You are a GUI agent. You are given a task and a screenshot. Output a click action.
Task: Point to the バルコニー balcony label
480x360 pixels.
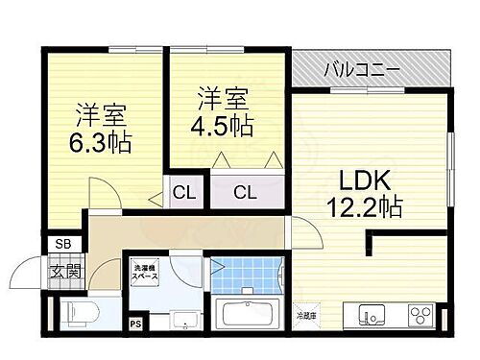pyautogui.click(x=363, y=69)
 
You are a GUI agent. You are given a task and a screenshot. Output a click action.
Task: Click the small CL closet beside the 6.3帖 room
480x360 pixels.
pyautogui.click(x=184, y=193)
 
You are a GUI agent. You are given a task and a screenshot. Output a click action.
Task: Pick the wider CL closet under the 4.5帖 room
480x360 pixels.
pyautogui.click(x=246, y=193)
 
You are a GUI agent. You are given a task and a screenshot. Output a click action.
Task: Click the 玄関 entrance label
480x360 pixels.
pyautogui.click(x=65, y=272)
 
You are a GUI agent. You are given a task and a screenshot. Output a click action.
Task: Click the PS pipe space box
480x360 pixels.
pyautogui.click(x=134, y=324)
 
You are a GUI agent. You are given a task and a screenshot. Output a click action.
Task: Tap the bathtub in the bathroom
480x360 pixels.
pyautogui.click(x=248, y=313)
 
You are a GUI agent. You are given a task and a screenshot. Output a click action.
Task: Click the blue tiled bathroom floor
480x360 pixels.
pyautogui.click(x=248, y=276)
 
